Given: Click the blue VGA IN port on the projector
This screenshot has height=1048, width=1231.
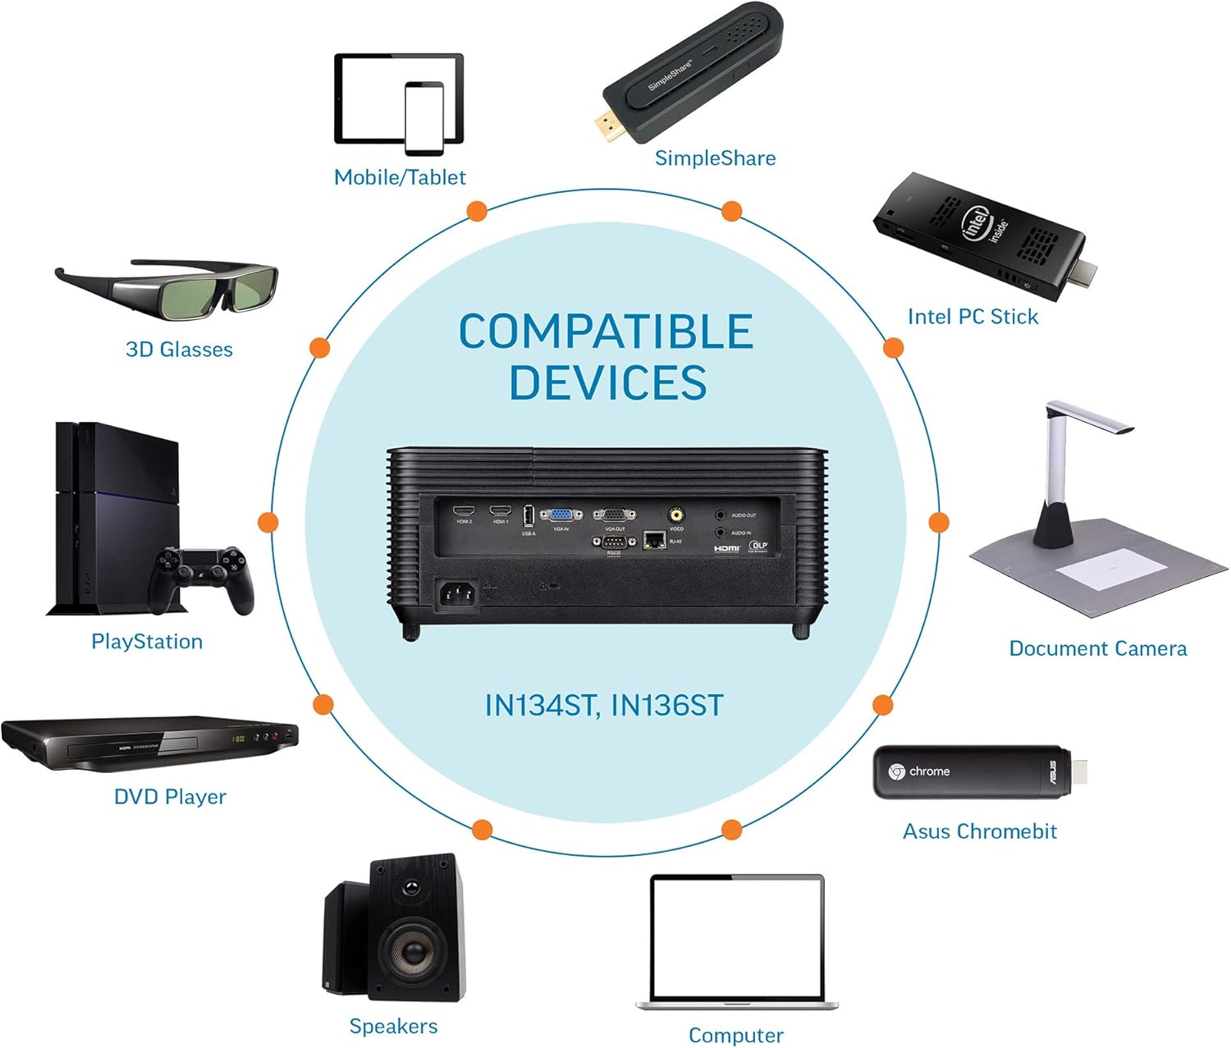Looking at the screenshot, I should [561, 515].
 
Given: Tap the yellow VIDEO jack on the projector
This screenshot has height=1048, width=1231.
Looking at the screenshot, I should [675, 515].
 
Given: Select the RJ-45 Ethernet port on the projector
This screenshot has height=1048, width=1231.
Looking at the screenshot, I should [654, 539].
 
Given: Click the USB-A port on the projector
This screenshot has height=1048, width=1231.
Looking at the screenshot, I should [529, 515].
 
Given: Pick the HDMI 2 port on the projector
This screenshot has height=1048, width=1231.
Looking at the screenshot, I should [464, 511].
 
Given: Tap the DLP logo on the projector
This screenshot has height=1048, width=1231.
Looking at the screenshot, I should [758, 546].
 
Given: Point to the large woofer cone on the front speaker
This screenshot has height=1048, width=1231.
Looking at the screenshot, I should [412, 953].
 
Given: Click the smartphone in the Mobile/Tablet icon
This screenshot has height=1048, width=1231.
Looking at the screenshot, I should [424, 117].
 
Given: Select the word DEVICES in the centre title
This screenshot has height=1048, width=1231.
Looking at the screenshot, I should [607, 382].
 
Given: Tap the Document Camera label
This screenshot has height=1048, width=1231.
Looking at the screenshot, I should [1097, 648].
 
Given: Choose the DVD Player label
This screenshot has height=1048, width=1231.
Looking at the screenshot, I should [170, 796].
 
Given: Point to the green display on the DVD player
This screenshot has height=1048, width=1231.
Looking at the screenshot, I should [238, 739].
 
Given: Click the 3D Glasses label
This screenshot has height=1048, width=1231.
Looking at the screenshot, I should [179, 350].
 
